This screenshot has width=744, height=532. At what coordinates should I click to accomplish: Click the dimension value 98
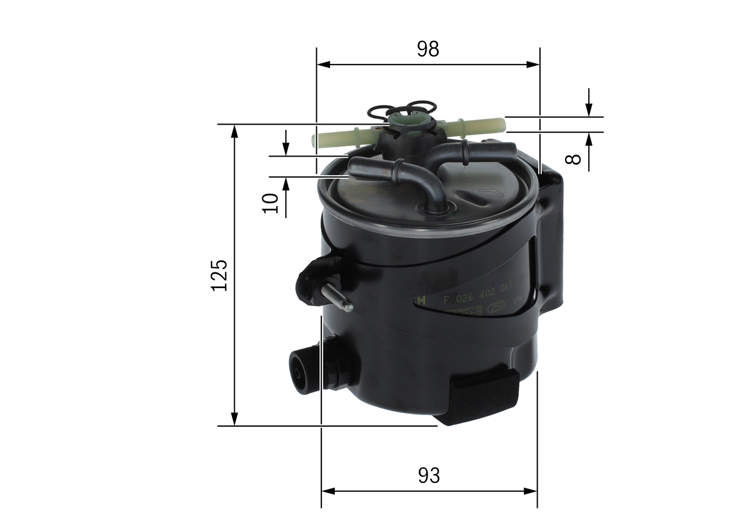[428, 49]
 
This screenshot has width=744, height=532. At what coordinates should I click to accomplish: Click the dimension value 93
[429, 476]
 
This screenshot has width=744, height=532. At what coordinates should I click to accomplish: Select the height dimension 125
[219, 275]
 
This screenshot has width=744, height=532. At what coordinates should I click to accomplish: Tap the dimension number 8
[574, 158]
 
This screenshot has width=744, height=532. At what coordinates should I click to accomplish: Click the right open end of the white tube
[502, 124]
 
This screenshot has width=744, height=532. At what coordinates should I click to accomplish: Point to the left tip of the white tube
[314, 140]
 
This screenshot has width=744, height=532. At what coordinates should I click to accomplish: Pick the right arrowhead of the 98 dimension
[534, 64]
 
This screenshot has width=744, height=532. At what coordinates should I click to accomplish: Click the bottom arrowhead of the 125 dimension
[234, 419]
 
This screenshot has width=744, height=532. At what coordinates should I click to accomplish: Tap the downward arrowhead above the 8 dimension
[589, 110]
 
